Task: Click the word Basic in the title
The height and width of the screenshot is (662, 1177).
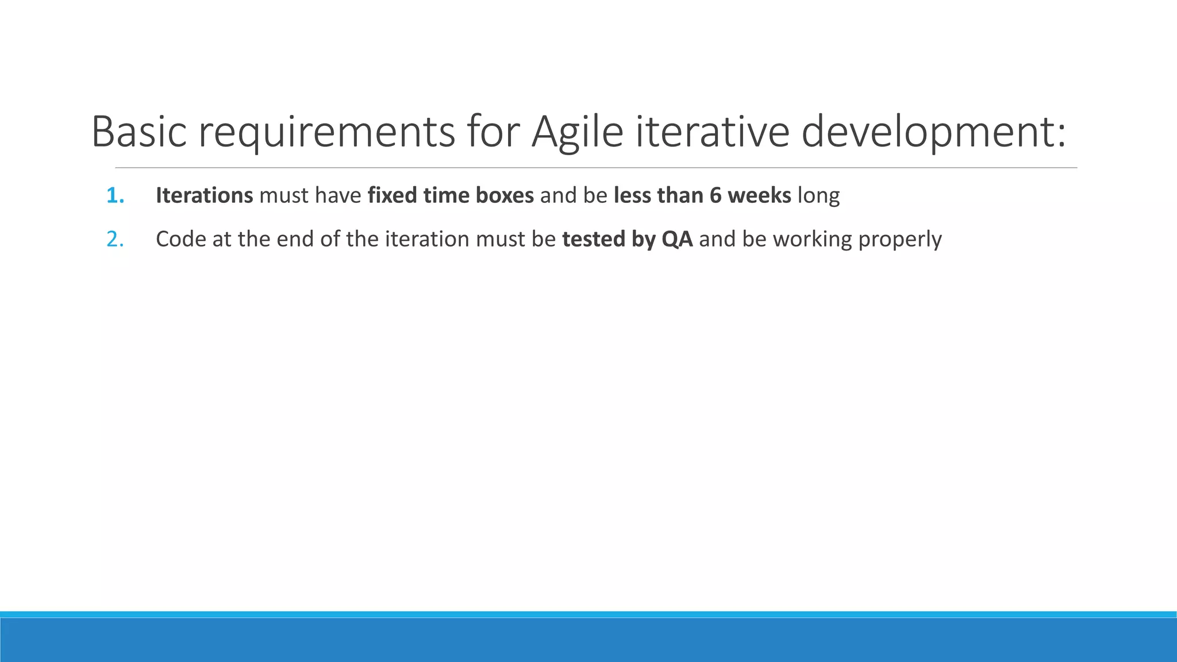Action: click(x=139, y=132)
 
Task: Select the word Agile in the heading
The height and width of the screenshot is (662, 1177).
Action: click(x=577, y=132)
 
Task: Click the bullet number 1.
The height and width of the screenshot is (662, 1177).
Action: click(x=115, y=196)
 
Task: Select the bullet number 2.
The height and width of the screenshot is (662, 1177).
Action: click(x=115, y=240)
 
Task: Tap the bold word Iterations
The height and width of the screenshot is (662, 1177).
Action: click(x=204, y=196)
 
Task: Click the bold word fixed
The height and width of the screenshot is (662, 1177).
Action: click(x=393, y=196)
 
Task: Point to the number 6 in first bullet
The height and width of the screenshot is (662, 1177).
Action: click(x=715, y=196)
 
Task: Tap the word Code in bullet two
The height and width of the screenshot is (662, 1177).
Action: click(x=180, y=240)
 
